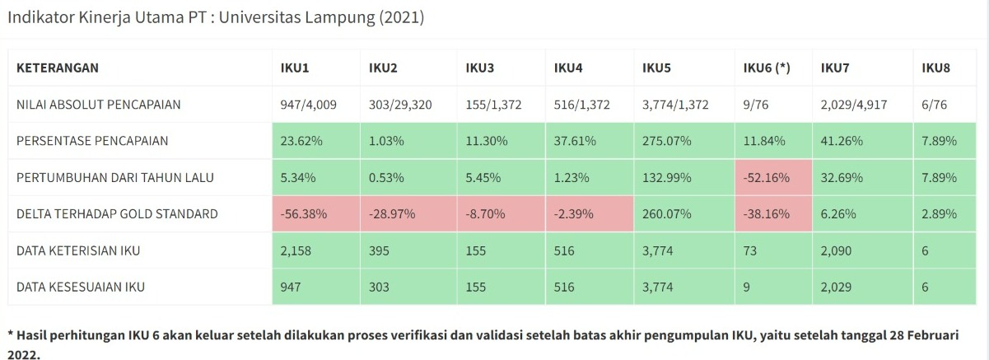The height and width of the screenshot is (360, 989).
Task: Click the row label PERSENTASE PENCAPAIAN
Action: (x=92, y=141)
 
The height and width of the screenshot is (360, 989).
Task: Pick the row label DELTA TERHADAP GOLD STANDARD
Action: (x=117, y=213)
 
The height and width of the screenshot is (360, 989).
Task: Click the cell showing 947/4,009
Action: (x=309, y=105)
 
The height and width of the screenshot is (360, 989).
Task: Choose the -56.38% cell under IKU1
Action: (x=304, y=213)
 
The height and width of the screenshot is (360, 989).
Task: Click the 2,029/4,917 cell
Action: (x=854, y=105)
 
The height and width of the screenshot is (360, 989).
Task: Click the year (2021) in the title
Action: (x=401, y=17)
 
